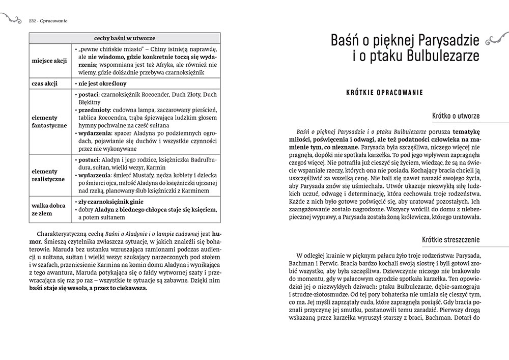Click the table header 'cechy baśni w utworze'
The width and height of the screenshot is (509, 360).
[x=125, y=38]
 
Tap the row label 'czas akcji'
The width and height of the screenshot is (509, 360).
[x=45, y=84]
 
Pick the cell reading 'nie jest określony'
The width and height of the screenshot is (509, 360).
[x=102, y=84]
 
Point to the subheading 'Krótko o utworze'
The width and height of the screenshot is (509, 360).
[x=456, y=116]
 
